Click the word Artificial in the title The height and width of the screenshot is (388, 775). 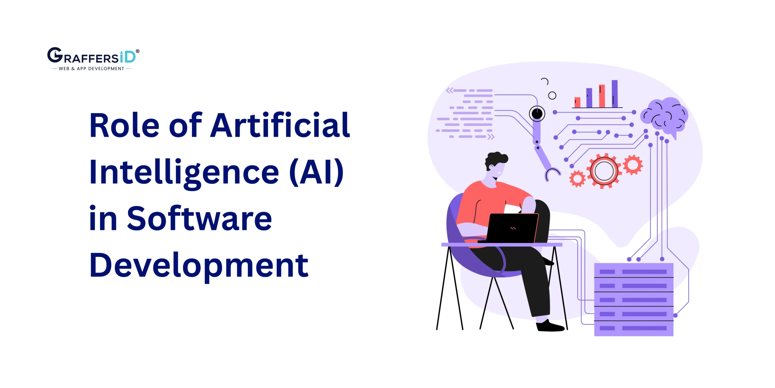tap(280, 125)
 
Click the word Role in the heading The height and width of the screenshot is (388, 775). tap(124, 125)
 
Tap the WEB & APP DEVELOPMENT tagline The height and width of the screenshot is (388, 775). tap(91, 69)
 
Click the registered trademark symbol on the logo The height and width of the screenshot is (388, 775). tap(138, 51)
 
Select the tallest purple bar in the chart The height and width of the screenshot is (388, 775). tap(615, 94)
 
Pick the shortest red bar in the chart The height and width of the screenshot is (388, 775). tap(578, 102)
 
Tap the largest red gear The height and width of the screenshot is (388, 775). tap(604, 171)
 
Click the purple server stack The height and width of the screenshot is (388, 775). tap(634, 300)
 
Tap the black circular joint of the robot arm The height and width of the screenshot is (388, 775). tap(537, 114)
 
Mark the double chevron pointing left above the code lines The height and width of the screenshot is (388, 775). tap(450, 90)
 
